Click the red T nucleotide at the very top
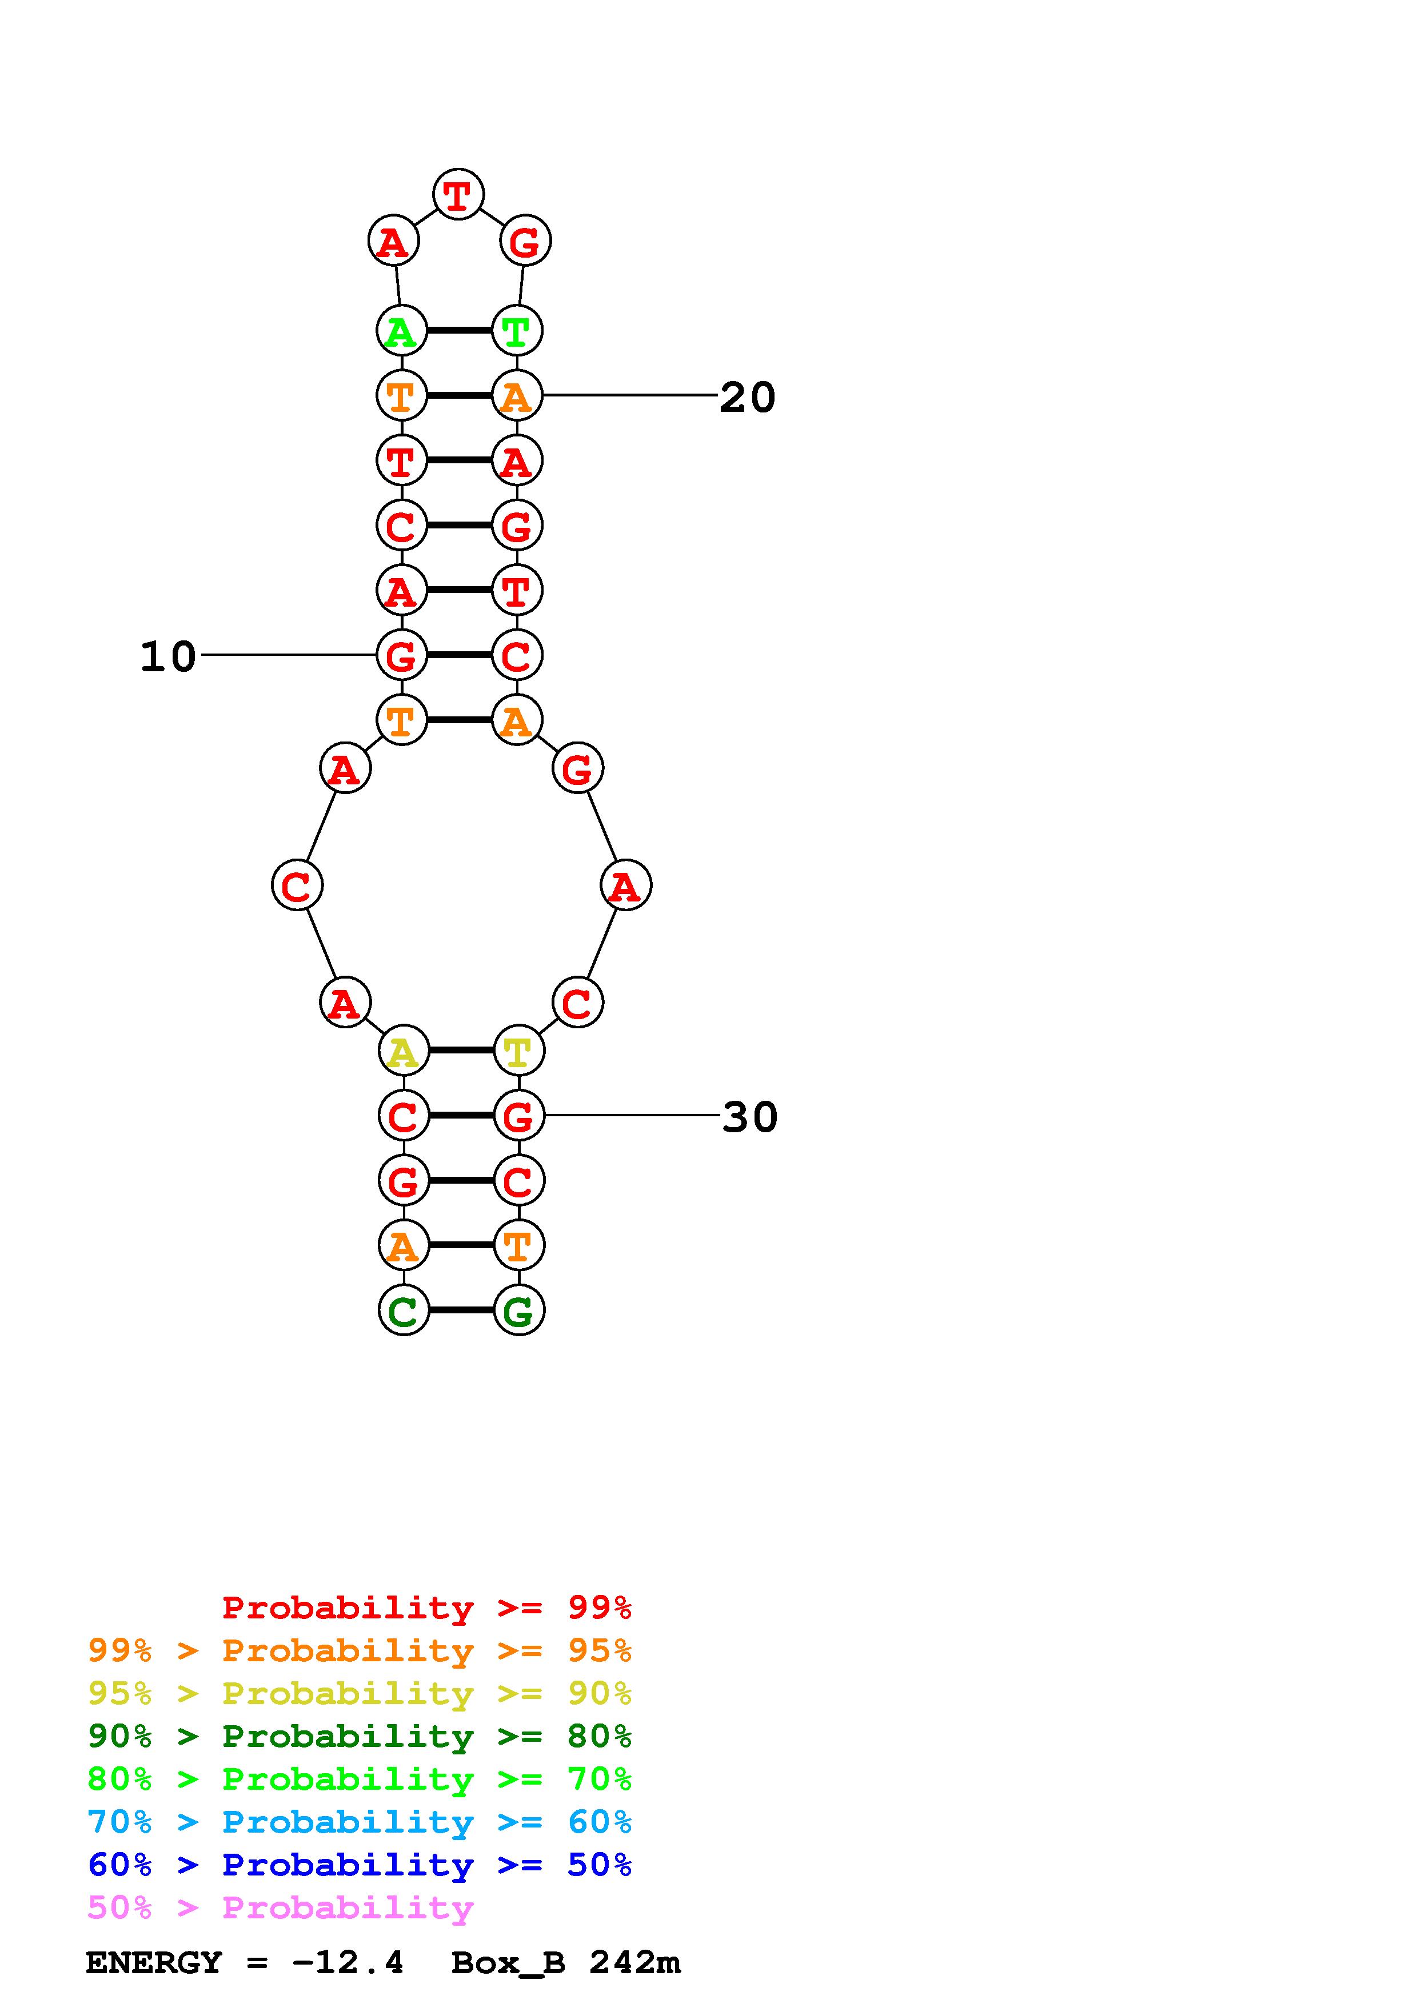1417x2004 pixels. (x=458, y=194)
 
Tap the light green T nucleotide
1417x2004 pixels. (x=517, y=331)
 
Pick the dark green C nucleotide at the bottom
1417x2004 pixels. (x=404, y=1310)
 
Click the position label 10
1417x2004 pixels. (x=169, y=656)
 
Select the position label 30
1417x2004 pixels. (x=750, y=1117)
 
